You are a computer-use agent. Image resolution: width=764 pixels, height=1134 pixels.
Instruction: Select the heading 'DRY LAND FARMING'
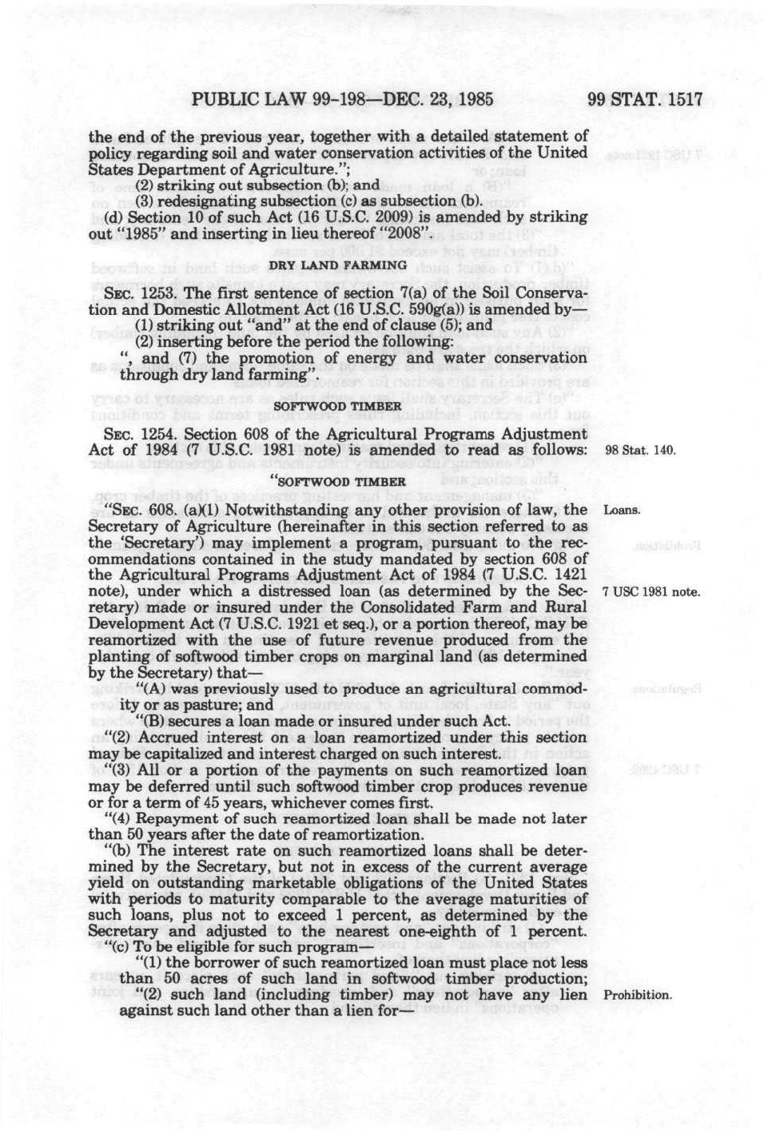coord(338,265)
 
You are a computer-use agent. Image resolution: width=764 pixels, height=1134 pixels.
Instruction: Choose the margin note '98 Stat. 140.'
coord(641,451)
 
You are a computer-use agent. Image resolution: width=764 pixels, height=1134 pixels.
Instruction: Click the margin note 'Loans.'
coord(622,510)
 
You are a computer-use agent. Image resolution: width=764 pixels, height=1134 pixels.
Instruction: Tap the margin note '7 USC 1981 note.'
coord(641,592)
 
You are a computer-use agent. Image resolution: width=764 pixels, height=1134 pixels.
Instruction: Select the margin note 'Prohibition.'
coord(638,996)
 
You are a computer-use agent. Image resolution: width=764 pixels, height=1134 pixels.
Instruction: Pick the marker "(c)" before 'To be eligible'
coord(117,947)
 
